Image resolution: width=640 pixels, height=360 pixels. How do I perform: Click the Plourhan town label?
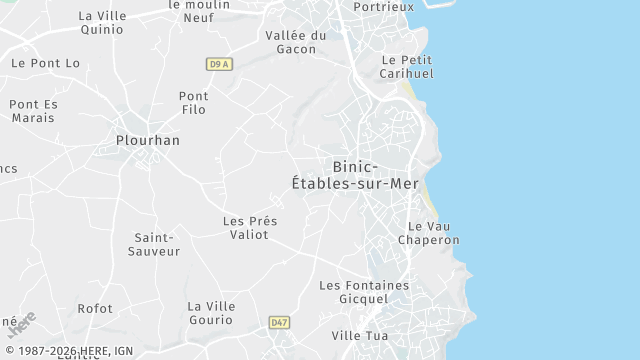(148, 141)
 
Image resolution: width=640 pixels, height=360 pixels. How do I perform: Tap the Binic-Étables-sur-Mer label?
(355, 175)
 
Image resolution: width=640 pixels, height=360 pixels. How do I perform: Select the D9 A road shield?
(220, 64)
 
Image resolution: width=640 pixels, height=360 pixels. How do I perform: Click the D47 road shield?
(279, 322)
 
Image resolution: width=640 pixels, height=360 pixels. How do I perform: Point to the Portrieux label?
(384, 7)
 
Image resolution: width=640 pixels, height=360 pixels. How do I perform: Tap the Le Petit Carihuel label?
(407, 66)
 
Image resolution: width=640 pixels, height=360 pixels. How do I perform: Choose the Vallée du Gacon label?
(296, 42)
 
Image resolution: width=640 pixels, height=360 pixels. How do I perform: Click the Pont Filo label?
(193, 103)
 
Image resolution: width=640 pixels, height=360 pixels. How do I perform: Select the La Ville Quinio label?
(101, 23)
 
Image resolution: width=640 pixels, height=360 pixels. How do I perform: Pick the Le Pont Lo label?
(45, 63)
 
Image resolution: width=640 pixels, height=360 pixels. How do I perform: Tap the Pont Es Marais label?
(34, 111)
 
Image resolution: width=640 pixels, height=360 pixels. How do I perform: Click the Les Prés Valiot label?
(250, 228)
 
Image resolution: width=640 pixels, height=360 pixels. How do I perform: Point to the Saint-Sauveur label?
(154, 244)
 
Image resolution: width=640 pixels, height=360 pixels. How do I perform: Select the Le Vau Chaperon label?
(429, 233)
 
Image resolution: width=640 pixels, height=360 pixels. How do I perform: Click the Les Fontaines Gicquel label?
(364, 292)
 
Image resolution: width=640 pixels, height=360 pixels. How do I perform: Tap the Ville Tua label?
(359, 336)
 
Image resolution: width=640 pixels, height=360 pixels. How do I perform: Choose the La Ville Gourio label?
(210, 313)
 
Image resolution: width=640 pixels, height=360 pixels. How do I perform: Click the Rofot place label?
(96, 309)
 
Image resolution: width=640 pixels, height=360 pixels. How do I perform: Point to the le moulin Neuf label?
(199, 11)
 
